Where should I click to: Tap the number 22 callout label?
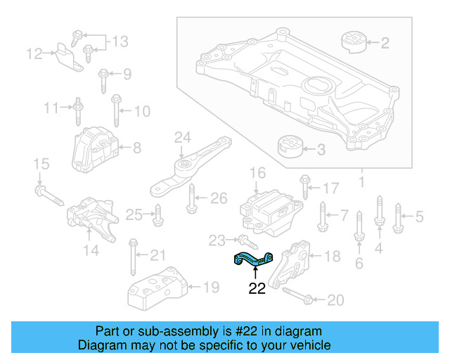point(257,288)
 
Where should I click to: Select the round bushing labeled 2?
point(354,41)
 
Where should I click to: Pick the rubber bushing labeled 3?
point(289,148)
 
